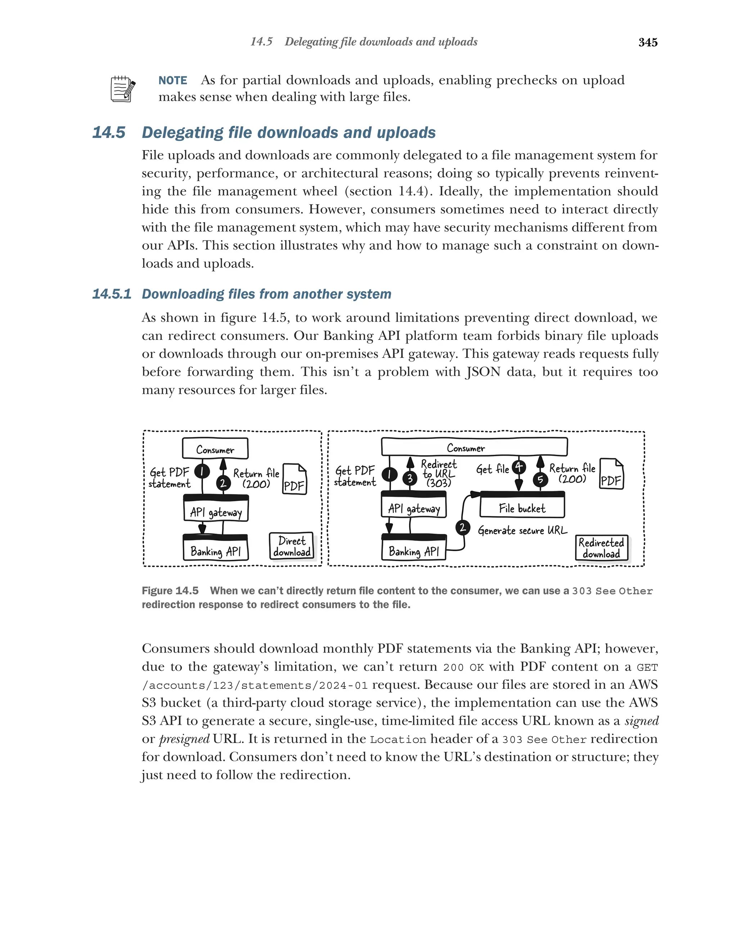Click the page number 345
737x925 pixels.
click(647, 42)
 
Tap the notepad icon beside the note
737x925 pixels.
click(123, 89)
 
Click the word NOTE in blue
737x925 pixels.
click(173, 81)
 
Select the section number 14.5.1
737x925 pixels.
click(112, 294)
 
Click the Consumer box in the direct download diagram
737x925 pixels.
click(215, 449)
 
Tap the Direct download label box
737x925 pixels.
click(291, 546)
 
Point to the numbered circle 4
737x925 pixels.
click(519, 466)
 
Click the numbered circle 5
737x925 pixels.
click(540, 479)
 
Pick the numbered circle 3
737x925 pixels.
click(410, 477)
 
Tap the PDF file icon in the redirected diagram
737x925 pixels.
click(611, 474)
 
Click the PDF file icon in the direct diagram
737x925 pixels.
click(294, 479)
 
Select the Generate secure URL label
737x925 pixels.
click(522, 531)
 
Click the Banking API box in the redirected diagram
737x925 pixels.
click(414, 549)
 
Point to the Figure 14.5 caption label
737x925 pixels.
click(170, 591)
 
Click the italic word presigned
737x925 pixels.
click(184, 739)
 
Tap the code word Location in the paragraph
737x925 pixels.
click(398, 740)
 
